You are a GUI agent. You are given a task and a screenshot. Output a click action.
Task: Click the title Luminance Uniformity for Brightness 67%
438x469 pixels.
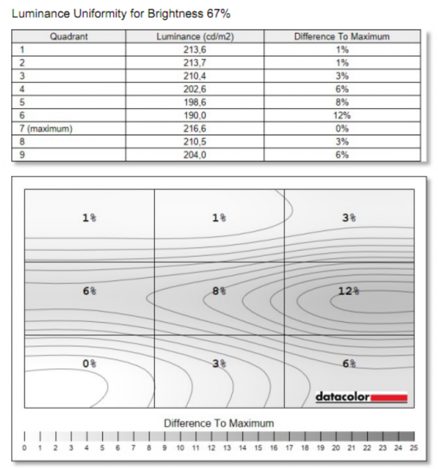[x=121, y=14]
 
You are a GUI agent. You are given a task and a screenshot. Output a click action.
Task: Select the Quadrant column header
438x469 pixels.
[x=69, y=37]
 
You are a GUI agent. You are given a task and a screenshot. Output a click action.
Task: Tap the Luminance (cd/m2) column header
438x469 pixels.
[x=195, y=37]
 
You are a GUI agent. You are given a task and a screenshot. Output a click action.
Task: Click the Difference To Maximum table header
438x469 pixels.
[x=342, y=37]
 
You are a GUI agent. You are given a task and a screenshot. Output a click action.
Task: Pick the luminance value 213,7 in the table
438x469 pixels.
[x=195, y=63]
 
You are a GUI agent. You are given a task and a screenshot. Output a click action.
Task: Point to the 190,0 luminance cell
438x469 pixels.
[x=195, y=115]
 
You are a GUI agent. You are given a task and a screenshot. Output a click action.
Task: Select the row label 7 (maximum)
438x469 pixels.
[x=46, y=128]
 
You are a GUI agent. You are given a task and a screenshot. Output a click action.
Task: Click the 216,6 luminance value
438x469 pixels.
[x=195, y=128]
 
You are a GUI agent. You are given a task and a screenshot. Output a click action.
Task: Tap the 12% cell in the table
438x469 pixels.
[x=342, y=115]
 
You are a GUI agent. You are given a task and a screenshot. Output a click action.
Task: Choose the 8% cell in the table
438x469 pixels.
[x=342, y=102]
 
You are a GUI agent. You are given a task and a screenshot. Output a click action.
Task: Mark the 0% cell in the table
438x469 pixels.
[x=342, y=128]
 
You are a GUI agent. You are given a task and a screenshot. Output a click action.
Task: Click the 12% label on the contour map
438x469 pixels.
[x=349, y=291]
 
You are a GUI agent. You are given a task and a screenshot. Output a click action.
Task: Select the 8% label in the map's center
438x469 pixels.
[x=219, y=291]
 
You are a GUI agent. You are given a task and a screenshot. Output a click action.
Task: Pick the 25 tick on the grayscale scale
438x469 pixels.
[x=414, y=448]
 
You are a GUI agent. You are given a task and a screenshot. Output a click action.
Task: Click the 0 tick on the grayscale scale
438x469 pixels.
[x=24, y=448]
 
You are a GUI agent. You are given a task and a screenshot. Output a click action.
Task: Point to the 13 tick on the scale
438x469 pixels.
[x=227, y=448]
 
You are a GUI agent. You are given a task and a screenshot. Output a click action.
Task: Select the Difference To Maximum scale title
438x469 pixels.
[x=219, y=423]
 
